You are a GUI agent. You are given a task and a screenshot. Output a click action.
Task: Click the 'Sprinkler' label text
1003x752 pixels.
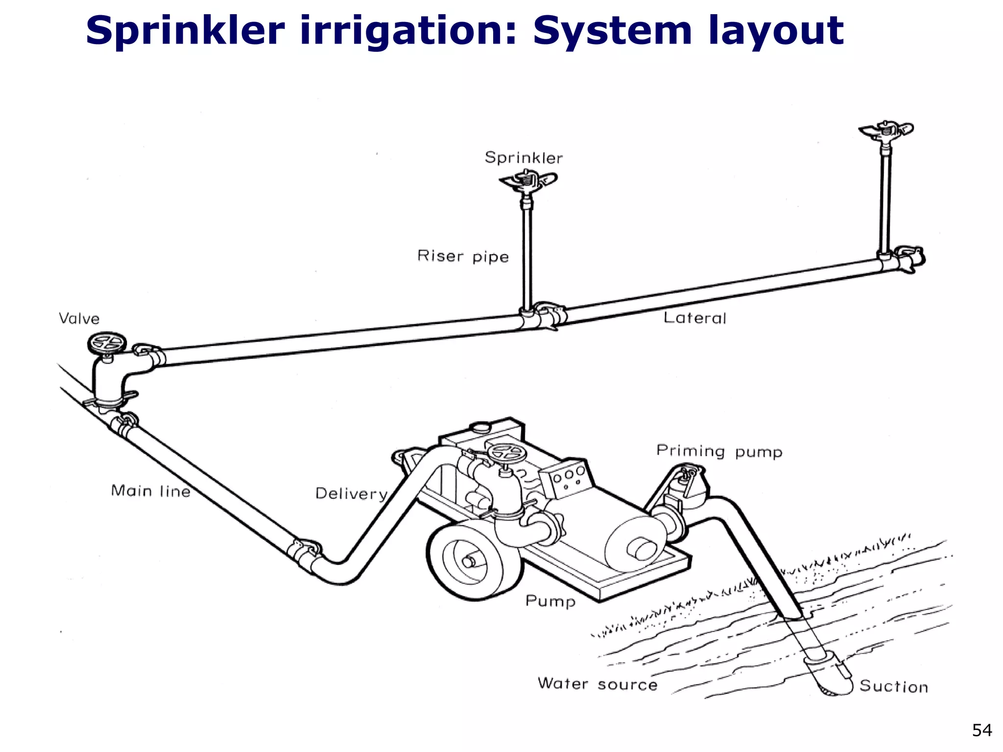tap(524, 158)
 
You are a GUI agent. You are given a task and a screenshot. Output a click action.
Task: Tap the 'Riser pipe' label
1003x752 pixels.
tap(463, 256)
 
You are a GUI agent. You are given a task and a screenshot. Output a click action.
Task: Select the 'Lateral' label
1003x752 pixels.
tap(694, 318)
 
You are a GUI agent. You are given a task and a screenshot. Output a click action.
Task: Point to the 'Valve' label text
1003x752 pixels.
tap(79, 319)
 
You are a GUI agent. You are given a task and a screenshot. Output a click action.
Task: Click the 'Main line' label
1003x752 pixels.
tap(150, 491)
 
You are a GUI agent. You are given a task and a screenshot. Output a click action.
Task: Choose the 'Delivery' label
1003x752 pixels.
tap(351, 493)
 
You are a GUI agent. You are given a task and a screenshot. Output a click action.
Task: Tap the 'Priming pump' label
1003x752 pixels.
tap(719, 451)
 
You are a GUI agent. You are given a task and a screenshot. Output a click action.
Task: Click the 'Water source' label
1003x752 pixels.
tap(597, 683)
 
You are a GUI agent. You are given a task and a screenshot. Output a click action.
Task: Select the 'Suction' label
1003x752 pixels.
tap(893, 686)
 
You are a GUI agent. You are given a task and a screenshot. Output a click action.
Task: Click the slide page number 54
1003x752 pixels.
tap(981, 730)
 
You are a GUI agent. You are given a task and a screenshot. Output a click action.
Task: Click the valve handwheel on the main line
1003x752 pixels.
tap(107, 343)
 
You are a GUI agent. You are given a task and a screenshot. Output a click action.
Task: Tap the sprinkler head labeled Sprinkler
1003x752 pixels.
tap(528, 181)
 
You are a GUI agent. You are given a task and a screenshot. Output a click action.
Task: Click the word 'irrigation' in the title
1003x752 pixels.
tap(407, 30)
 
